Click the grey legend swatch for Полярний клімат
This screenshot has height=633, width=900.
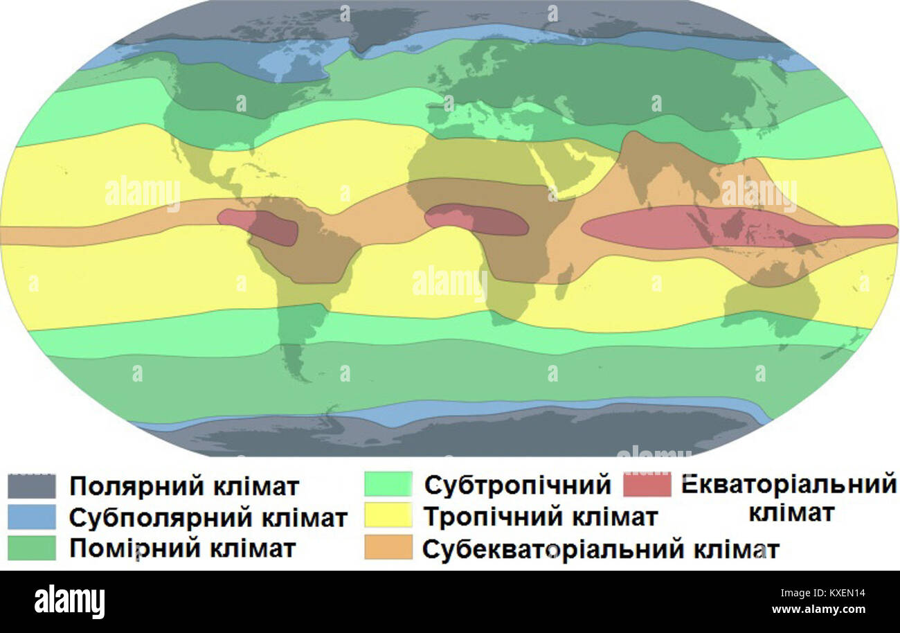pyautogui.click(x=32, y=486)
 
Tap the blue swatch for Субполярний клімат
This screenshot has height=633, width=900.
pyautogui.click(x=32, y=517)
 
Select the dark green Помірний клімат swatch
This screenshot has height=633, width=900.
pyautogui.click(x=32, y=548)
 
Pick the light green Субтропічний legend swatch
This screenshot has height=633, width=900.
pyautogui.click(x=388, y=485)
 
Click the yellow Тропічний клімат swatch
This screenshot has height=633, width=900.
pyautogui.click(x=388, y=516)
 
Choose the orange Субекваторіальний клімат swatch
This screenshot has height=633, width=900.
pyautogui.click(x=388, y=548)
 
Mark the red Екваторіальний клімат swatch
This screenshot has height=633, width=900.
pyautogui.click(x=647, y=485)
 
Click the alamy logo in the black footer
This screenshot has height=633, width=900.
pyautogui.click(x=69, y=602)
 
